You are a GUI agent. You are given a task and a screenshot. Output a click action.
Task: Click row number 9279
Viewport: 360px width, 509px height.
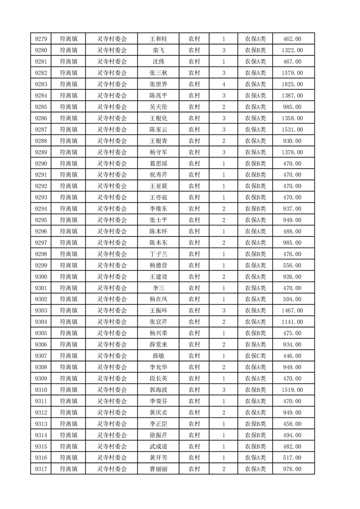pyautogui.click(x=41, y=39)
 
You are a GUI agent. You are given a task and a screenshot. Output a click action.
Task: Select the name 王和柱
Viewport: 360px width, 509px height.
pyautogui.click(x=158, y=39)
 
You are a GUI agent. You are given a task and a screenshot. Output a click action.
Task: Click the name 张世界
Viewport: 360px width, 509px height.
pyautogui.click(x=158, y=84)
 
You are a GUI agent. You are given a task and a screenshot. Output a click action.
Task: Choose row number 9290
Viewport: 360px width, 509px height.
pyautogui.click(x=41, y=163)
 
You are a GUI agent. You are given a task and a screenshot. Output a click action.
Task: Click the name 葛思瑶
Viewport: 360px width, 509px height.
pyautogui.click(x=158, y=163)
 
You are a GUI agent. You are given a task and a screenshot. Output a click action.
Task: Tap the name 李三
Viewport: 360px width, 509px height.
pyautogui.click(x=158, y=288)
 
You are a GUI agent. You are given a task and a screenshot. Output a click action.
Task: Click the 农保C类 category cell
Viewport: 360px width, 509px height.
pyautogui.click(x=256, y=356)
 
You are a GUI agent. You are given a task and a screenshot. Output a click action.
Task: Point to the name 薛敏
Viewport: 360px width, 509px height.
pyautogui.click(x=158, y=356)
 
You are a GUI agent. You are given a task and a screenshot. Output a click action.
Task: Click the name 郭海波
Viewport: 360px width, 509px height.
pyautogui.click(x=158, y=390)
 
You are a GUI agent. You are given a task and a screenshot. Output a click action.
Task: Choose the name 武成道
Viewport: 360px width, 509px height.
pyautogui.click(x=158, y=446)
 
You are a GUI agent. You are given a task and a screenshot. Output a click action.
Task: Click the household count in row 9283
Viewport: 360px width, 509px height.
pyautogui.click(x=224, y=84)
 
